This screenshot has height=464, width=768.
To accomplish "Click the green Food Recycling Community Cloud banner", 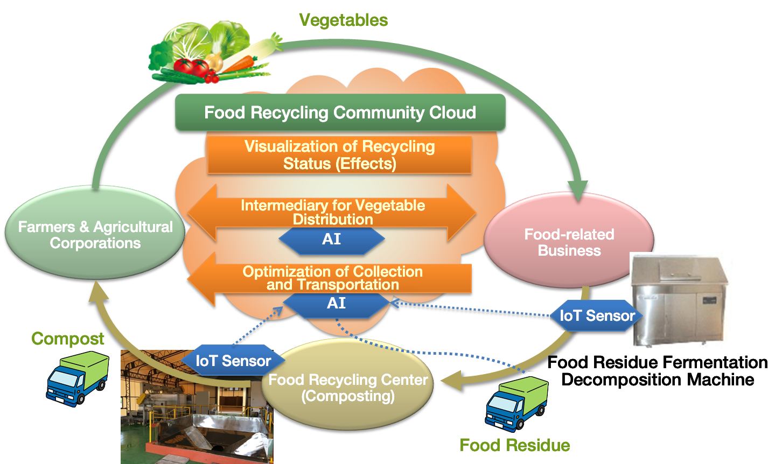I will click(x=340, y=113).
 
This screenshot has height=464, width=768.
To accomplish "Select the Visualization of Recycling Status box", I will click(x=339, y=155).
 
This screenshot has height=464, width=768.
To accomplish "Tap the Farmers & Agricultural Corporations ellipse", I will click(x=95, y=235).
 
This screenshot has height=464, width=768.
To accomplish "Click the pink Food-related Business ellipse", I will click(x=569, y=242).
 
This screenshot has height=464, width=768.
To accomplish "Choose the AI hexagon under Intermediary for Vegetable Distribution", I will click(x=331, y=239).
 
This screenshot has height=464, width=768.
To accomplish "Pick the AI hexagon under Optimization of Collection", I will click(x=336, y=304).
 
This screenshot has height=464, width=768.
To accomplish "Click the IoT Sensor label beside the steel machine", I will click(x=597, y=316).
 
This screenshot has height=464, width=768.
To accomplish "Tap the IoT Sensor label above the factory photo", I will click(x=233, y=361).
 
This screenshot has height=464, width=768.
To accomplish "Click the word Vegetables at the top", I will click(x=344, y=20).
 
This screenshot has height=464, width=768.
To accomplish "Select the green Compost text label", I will click(x=68, y=339).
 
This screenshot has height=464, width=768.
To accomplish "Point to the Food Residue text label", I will click(x=515, y=445).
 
